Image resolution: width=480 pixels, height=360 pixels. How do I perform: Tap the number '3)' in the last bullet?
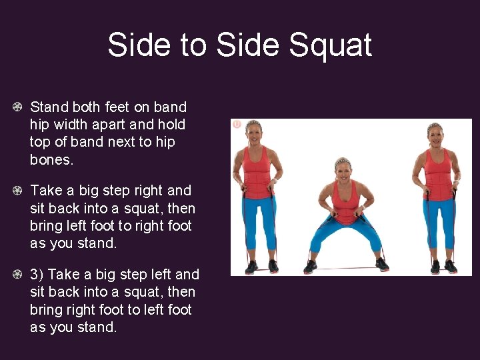point(37,275)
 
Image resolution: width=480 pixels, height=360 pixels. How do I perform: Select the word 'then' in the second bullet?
point(180,208)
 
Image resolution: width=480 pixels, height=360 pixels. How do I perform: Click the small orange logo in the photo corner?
point(236,124)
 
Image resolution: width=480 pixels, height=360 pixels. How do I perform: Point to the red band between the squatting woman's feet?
point(347,267)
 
